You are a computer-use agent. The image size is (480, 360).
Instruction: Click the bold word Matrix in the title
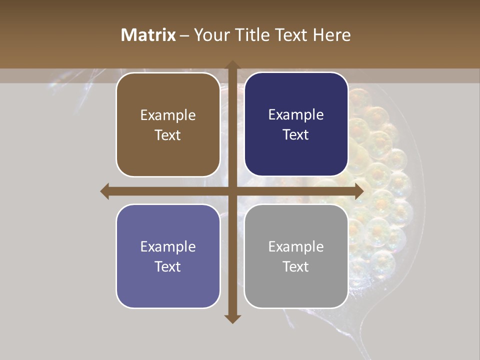[x=148, y=35]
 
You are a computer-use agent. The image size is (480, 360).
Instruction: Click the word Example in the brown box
[x=168, y=115]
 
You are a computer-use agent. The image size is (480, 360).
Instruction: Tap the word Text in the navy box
[x=296, y=135]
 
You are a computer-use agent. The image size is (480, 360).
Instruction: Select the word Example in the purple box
[x=168, y=246]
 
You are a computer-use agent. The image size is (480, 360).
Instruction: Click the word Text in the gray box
[x=296, y=266]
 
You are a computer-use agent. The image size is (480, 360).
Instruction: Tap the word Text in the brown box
[x=168, y=135]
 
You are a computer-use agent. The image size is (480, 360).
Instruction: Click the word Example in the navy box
[x=296, y=115]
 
